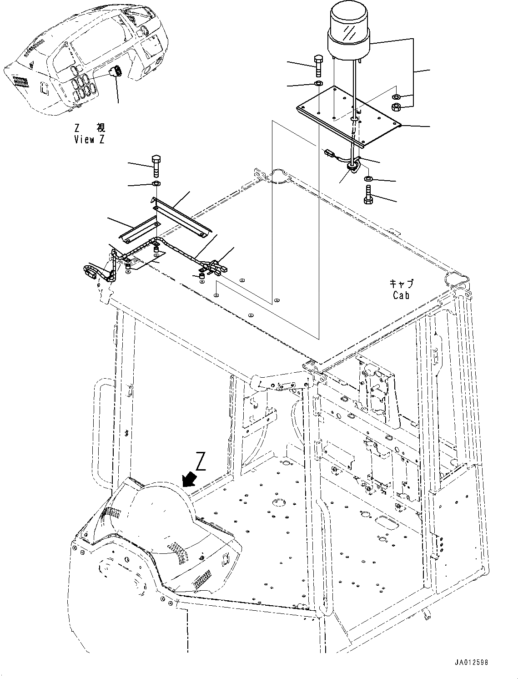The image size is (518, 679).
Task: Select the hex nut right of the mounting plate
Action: pyautogui.click(x=396, y=107)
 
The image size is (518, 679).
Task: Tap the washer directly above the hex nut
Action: pyautogui.click(x=396, y=97)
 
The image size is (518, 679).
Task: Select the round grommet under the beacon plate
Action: pyautogui.click(x=353, y=168)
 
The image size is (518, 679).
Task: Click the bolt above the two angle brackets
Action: pyautogui.click(x=155, y=167)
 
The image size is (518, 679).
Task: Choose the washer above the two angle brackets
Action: pyautogui.click(x=155, y=183)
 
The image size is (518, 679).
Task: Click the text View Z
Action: pyautogui.click(x=90, y=140)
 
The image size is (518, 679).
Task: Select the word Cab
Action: pyautogui.click(x=401, y=295)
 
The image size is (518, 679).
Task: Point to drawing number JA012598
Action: pyautogui.click(x=471, y=662)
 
